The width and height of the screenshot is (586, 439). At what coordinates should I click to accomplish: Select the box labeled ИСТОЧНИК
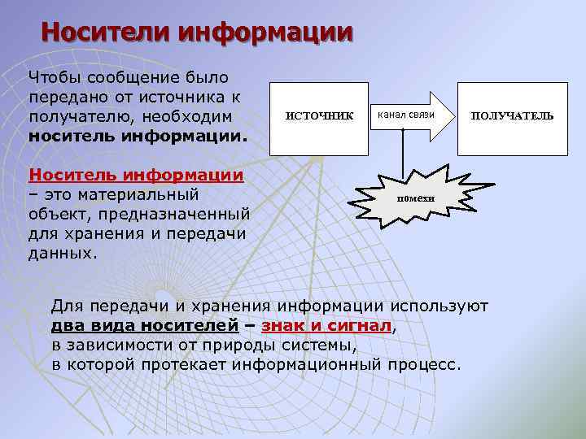(x=319, y=116)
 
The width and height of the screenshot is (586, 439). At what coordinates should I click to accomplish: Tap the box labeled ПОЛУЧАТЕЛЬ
(x=512, y=116)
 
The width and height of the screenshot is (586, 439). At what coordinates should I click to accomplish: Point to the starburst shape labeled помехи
(x=416, y=198)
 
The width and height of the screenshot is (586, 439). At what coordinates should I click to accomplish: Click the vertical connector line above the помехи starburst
(x=404, y=150)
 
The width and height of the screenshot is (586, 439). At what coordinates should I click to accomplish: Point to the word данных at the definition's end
(x=62, y=253)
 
